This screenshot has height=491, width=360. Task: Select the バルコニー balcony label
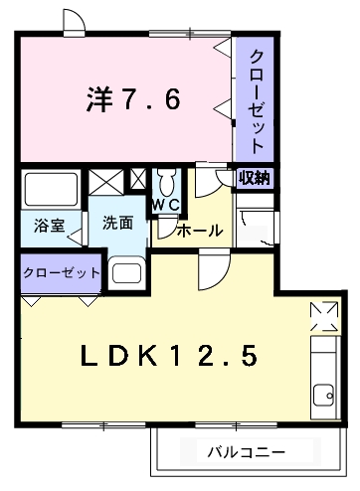coord(246,452)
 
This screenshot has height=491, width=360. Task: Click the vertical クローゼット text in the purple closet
coord(256,98)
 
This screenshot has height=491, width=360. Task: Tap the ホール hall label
coord(200,231)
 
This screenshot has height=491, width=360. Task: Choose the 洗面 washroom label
coord(117,223)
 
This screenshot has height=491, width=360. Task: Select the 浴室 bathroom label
coord(49,226)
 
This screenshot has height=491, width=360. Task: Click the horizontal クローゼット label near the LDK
coord(60,272)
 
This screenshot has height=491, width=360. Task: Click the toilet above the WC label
coord(166,183)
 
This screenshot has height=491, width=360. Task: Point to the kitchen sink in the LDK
coord(323,394)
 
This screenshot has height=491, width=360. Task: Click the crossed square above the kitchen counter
coord(323,315)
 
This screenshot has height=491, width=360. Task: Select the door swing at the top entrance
coord(72,20)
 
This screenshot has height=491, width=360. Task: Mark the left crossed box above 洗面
coord(103,182)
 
